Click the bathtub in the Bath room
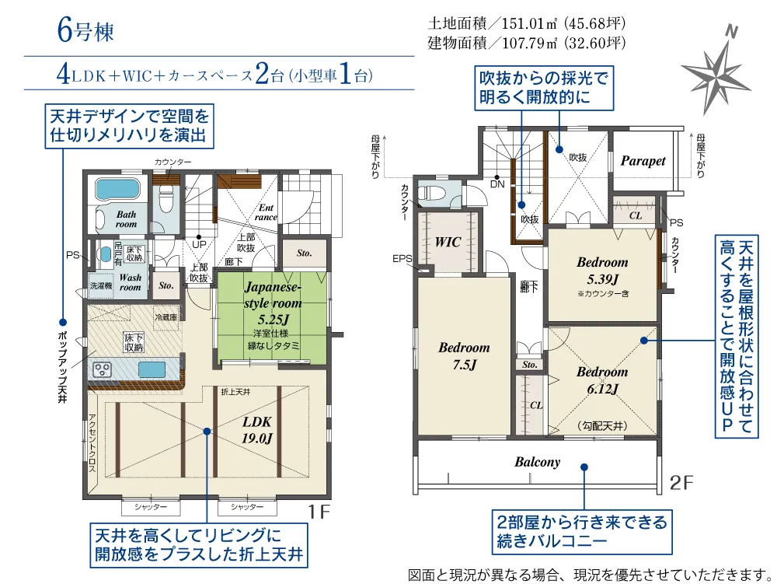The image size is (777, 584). [117, 189]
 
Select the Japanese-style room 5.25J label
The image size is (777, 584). [273, 303]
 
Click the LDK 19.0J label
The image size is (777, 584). [256, 430]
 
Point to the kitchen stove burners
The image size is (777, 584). [103, 369]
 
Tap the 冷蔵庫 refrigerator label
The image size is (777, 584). [166, 317]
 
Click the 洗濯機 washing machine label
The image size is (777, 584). [100, 286]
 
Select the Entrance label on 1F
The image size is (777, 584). [266, 212]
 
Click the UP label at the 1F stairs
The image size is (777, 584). [199, 244]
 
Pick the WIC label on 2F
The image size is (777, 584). [448, 242]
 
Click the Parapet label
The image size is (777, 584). [643, 161]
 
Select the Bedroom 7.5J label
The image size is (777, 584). [465, 356]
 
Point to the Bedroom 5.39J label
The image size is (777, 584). [603, 271]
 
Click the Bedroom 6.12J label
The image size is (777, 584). [602, 380]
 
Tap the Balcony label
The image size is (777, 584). [537, 462]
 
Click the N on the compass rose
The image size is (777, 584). [731, 32]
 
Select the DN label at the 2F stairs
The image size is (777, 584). [497, 184]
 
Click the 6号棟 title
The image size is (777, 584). [85, 30]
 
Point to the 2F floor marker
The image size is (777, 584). [681, 482]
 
